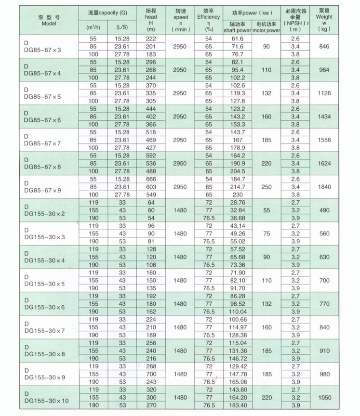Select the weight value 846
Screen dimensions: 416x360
click(x=324, y=46)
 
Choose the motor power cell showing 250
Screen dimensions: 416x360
click(x=267, y=186)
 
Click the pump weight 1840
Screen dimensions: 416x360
click(x=324, y=186)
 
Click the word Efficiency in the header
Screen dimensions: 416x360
click(x=208, y=17)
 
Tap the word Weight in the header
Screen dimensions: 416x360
click(x=324, y=17)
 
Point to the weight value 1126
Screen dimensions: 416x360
click(x=324, y=93)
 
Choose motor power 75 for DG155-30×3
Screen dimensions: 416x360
click(x=267, y=233)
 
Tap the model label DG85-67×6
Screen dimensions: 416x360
click(x=44, y=120)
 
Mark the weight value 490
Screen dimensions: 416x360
click(x=324, y=210)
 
